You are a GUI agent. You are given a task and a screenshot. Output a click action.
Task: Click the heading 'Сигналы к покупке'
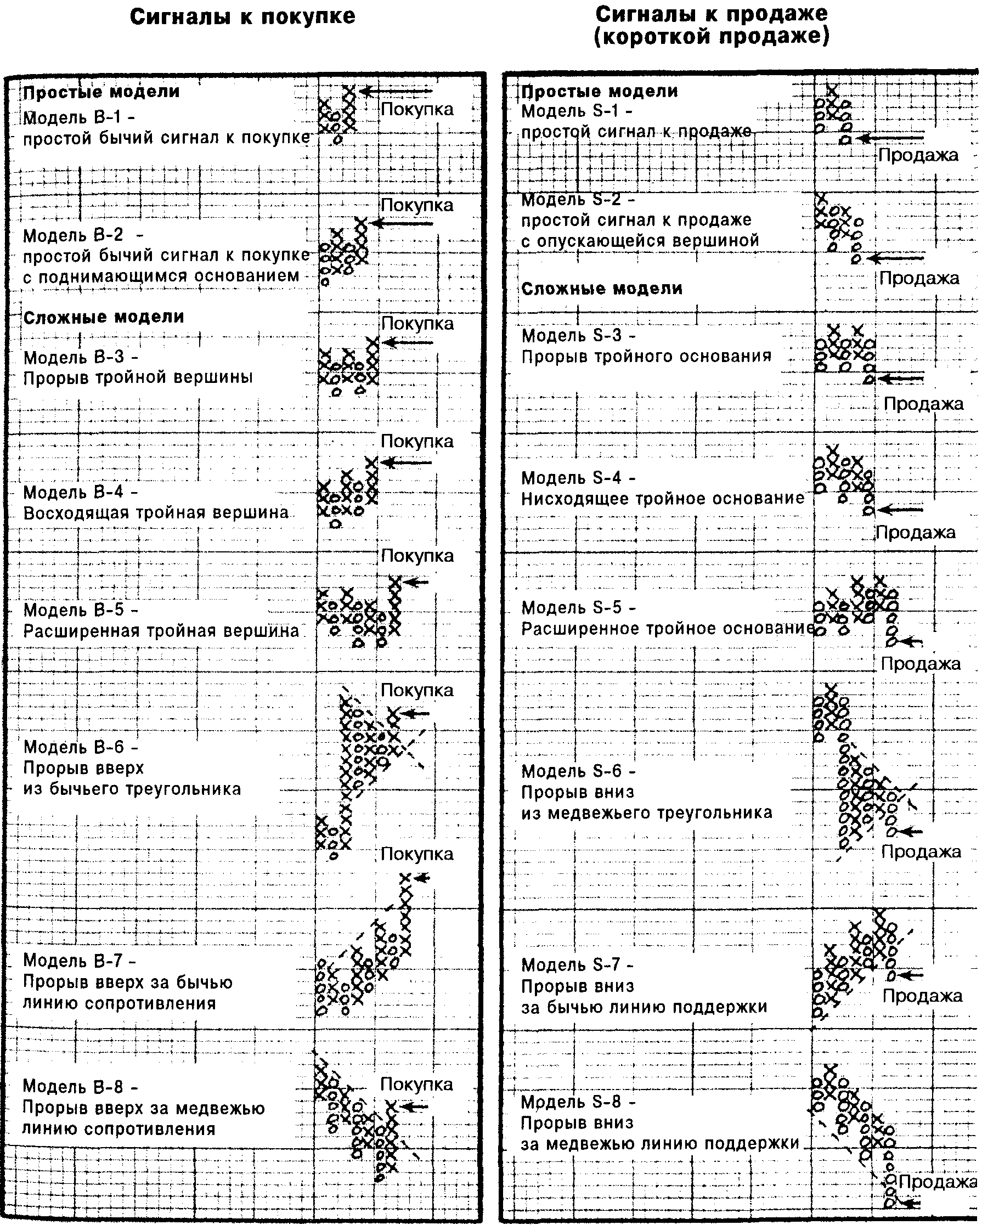[242, 16]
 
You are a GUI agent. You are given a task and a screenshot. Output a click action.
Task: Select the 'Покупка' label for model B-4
[417, 442]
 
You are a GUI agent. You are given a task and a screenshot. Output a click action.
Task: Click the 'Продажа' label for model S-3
[923, 404]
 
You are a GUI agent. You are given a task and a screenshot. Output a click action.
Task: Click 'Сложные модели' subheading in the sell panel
[602, 289]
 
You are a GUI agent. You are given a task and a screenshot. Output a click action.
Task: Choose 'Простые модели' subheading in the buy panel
[101, 92]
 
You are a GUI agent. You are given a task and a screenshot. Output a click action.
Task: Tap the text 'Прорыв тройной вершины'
[138, 378]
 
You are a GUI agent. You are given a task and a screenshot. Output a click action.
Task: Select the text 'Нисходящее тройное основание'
[663, 498]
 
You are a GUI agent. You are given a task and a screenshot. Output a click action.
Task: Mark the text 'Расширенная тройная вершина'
[161, 631]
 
